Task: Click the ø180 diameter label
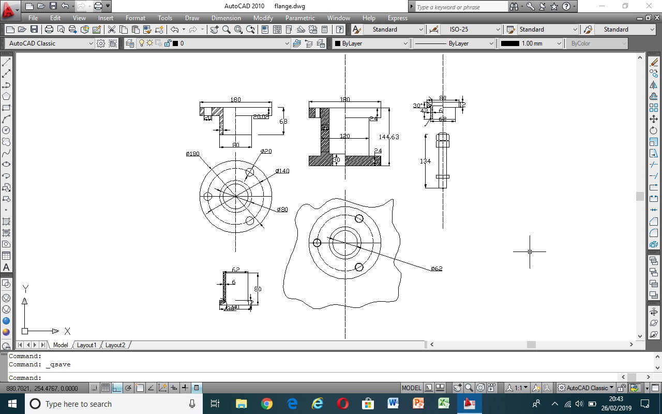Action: point(193,154)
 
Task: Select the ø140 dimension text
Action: point(282,171)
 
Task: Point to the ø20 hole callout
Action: point(266,151)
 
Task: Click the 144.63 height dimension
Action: point(389,137)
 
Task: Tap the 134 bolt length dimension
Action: point(425,161)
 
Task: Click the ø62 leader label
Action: point(437,269)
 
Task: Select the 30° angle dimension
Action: point(417,106)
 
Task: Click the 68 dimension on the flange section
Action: point(283,122)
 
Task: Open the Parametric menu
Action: point(300,18)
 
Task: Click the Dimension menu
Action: point(226,18)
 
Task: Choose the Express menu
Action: point(397,18)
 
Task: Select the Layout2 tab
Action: point(115,345)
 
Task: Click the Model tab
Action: point(61,345)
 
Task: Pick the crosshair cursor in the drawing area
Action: point(530,252)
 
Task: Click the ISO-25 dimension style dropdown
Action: point(471,29)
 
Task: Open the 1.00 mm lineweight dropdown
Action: point(531,43)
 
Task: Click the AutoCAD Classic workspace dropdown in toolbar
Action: point(51,43)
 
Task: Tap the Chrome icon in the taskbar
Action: point(267,404)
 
